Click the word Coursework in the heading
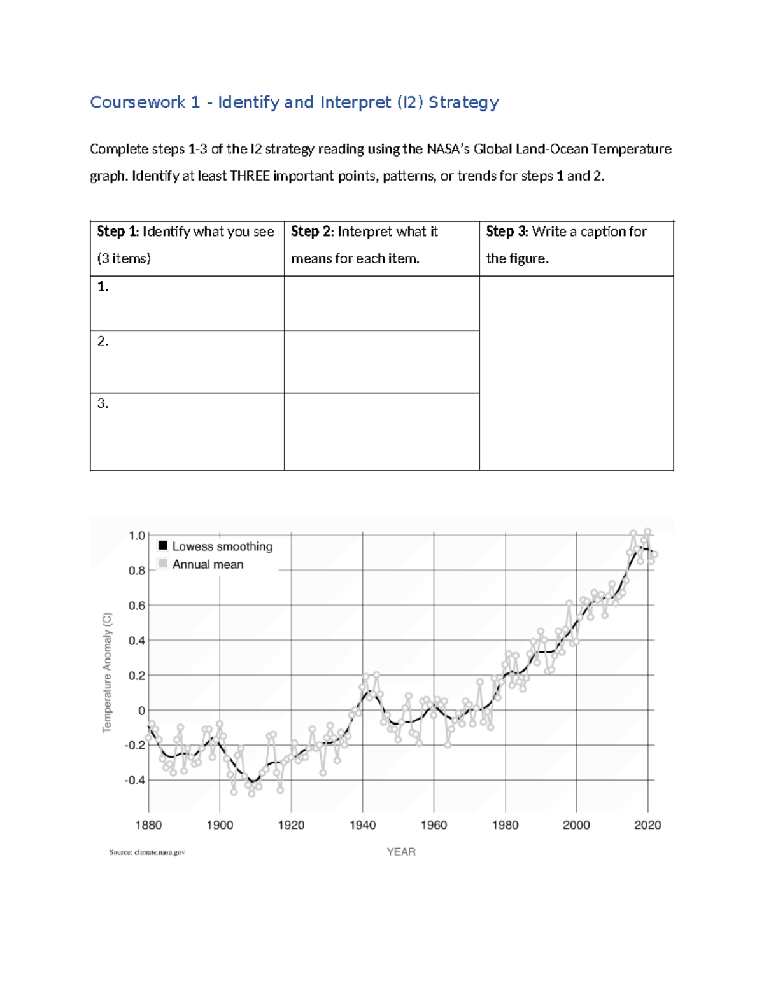138,102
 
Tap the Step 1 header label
117,232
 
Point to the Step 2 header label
312,232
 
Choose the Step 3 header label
507,232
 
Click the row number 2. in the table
103,342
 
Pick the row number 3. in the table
103,403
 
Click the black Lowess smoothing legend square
163,546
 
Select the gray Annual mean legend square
163,564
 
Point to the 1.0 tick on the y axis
137,536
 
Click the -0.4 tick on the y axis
135,780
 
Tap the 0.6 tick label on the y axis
137,606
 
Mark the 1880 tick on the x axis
148,825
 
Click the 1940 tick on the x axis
362,825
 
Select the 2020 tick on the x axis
647,825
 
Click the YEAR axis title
401,852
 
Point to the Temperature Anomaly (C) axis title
107,672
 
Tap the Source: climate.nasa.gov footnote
147,852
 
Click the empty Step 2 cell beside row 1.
381,303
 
